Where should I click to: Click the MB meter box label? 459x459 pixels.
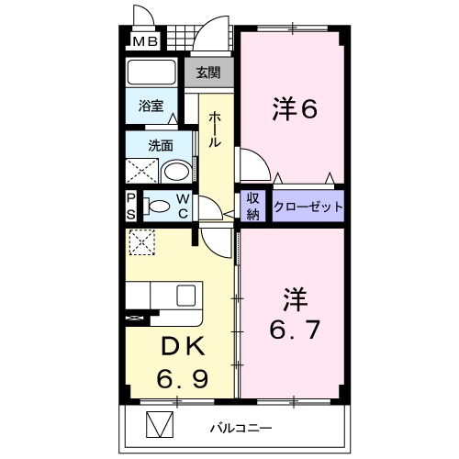[x=144, y=41]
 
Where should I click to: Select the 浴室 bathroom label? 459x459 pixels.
[x=151, y=106]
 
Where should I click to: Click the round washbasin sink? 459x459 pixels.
[x=175, y=171]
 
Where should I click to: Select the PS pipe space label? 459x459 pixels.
[x=131, y=206]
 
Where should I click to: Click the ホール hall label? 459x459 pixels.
[x=214, y=131]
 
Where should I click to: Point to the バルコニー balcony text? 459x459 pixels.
[x=240, y=428]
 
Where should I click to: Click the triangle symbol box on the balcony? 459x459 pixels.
[x=160, y=427]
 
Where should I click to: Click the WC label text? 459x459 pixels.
[x=184, y=206]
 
